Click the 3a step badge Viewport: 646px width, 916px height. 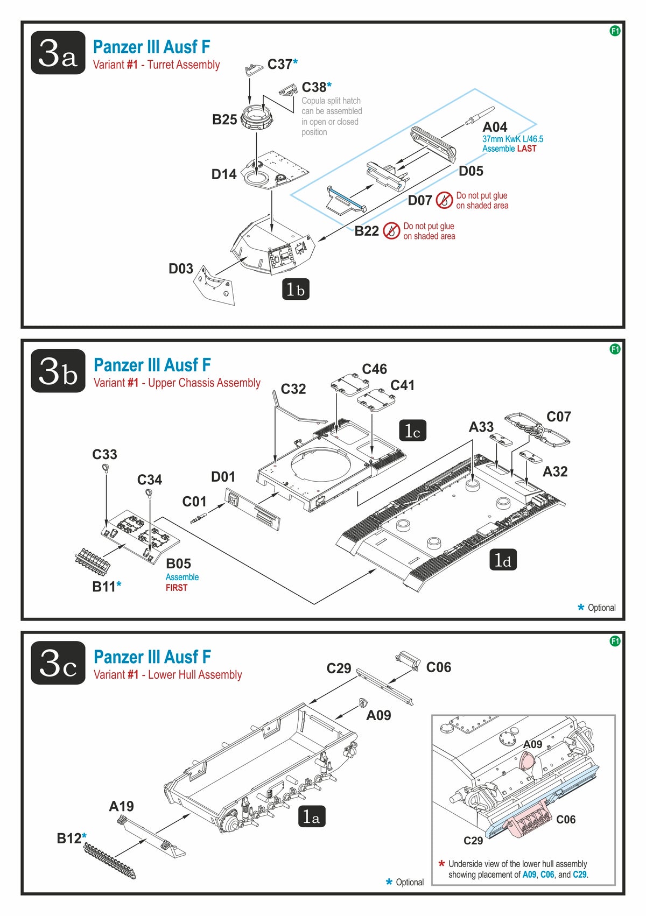[x=58, y=53]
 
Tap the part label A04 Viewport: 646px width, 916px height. [x=494, y=127]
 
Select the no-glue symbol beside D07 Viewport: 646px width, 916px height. [x=444, y=200]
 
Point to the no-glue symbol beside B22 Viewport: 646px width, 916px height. [x=391, y=231]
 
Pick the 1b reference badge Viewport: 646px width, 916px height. [x=296, y=289]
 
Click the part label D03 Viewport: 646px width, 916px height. [x=180, y=269]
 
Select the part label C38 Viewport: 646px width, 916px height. [x=314, y=87]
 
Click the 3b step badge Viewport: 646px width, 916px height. [x=58, y=371]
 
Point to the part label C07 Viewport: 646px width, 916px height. [x=558, y=417]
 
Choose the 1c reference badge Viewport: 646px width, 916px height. [x=412, y=431]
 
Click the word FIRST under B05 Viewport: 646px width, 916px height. [x=177, y=588]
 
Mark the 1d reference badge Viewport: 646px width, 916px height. [x=503, y=560]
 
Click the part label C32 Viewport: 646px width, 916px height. [x=293, y=389]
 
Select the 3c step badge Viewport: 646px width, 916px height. [x=58, y=663]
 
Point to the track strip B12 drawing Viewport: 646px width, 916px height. [x=110, y=859]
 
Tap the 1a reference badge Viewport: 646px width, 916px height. [x=312, y=817]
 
